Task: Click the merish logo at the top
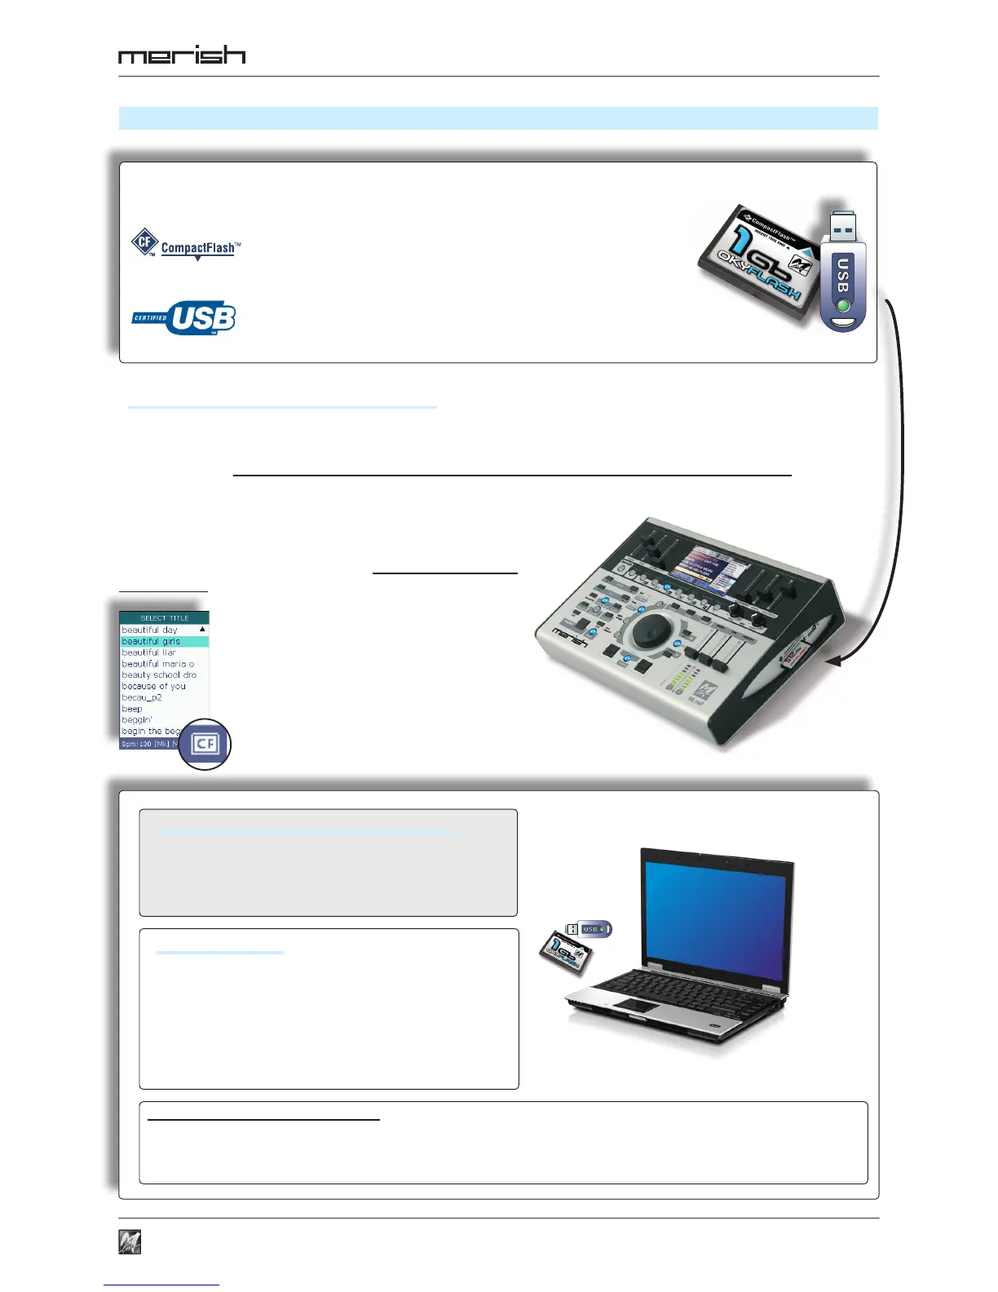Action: [182, 55]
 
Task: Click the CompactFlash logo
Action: [187, 245]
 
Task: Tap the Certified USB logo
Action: [184, 317]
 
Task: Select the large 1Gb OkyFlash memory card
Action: [758, 262]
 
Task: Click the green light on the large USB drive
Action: [843, 307]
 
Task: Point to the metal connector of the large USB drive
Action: [842, 227]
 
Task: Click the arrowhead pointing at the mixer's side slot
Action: [832, 662]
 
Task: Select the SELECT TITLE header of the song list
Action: [164, 617]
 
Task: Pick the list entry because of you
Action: [154, 686]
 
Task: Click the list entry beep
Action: [132, 709]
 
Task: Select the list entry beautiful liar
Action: [149, 653]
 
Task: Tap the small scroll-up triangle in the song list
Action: [202, 630]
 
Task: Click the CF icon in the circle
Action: [205, 744]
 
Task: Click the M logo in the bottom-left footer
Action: [130, 1241]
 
